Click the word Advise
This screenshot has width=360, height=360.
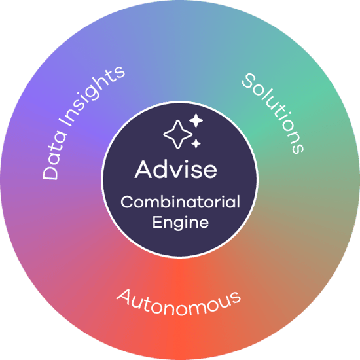tap(176, 170)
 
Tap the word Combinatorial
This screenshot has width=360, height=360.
tap(180, 202)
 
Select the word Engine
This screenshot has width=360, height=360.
tap(181, 223)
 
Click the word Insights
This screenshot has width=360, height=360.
tap(94, 96)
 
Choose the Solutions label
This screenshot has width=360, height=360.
tap(273, 113)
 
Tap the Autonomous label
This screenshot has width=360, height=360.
tap(179, 302)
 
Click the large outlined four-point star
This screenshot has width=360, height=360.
tap(177, 134)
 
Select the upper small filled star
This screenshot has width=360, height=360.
tap(196, 120)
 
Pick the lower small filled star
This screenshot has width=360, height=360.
tap(196, 144)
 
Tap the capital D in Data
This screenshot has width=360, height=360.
tap(50, 171)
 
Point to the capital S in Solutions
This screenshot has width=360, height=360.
tap(249, 81)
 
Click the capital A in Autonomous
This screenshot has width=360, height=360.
tap(124, 296)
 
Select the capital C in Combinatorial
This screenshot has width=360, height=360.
tap(128, 202)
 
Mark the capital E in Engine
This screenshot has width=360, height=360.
tap(157, 221)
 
